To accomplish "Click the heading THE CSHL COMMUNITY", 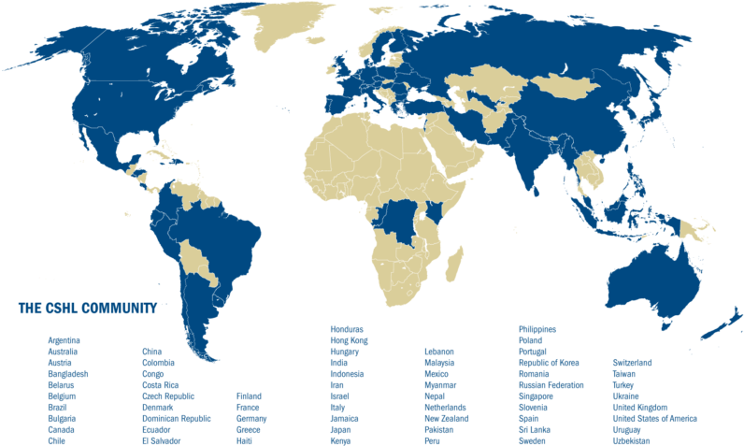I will pos(86,307).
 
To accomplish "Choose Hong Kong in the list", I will pos(349,340).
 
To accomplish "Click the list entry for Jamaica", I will pos(346,418).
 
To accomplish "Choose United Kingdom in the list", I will pos(639,407).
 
